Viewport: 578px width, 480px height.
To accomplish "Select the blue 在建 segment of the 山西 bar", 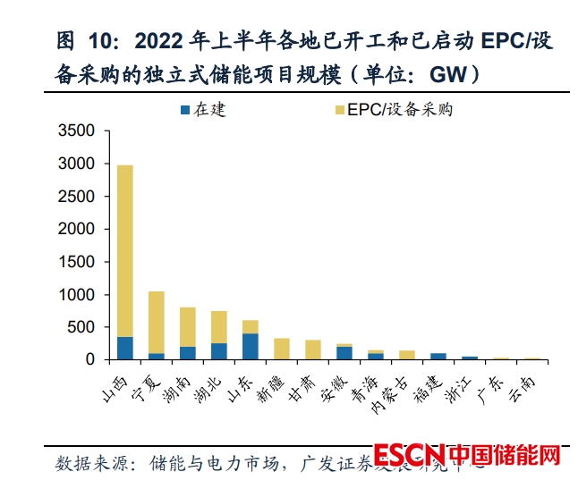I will click(125, 348).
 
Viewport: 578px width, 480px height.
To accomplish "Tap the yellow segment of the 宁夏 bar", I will click(157, 322).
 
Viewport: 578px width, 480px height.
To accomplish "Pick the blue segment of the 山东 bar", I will click(250, 346).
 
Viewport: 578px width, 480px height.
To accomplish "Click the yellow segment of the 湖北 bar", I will click(218, 327).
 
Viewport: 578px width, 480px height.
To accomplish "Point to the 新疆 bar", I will click(281, 349).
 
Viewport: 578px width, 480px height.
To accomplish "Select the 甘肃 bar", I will click(312, 349).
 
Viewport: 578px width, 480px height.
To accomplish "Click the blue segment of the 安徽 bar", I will click(344, 353).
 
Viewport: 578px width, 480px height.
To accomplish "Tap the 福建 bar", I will click(438, 356).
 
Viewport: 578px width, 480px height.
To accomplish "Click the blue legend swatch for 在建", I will click(185, 110).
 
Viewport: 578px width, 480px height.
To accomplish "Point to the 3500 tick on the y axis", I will click(75, 131).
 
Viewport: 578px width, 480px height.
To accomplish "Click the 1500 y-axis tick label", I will click(75, 262).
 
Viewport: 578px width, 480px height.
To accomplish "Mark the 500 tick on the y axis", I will click(81, 327).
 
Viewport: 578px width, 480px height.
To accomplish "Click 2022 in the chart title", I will click(158, 41).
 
